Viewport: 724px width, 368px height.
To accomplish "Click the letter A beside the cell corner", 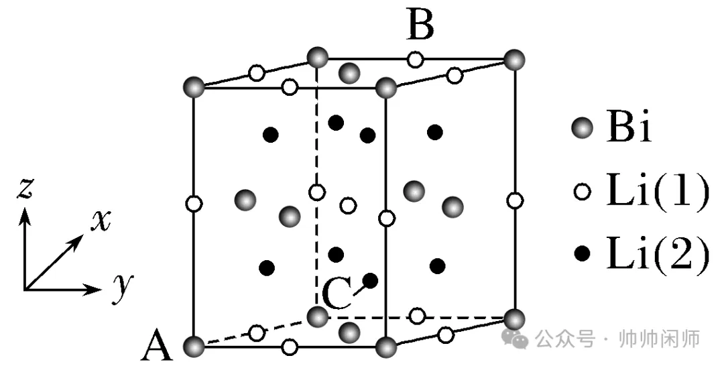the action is pyautogui.click(x=158, y=348).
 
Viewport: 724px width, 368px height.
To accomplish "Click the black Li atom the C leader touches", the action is pyautogui.click(x=370, y=280).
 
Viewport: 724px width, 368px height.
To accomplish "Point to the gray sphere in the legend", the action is pyautogui.click(x=583, y=128).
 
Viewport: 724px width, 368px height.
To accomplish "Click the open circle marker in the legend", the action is pyautogui.click(x=583, y=191).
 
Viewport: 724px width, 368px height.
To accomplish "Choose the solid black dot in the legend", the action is pyautogui.click(x=583, y=253).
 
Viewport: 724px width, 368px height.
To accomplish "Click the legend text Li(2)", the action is pyautogui.click(x=656, y=253).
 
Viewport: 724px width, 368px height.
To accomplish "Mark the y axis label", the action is pyautogui.click(x=123, y=286).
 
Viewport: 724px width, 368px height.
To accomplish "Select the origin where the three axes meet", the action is pyautogui.click(x=25, y=290).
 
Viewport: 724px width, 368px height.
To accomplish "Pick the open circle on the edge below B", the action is pyautogui.click(x=416, y=60).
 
